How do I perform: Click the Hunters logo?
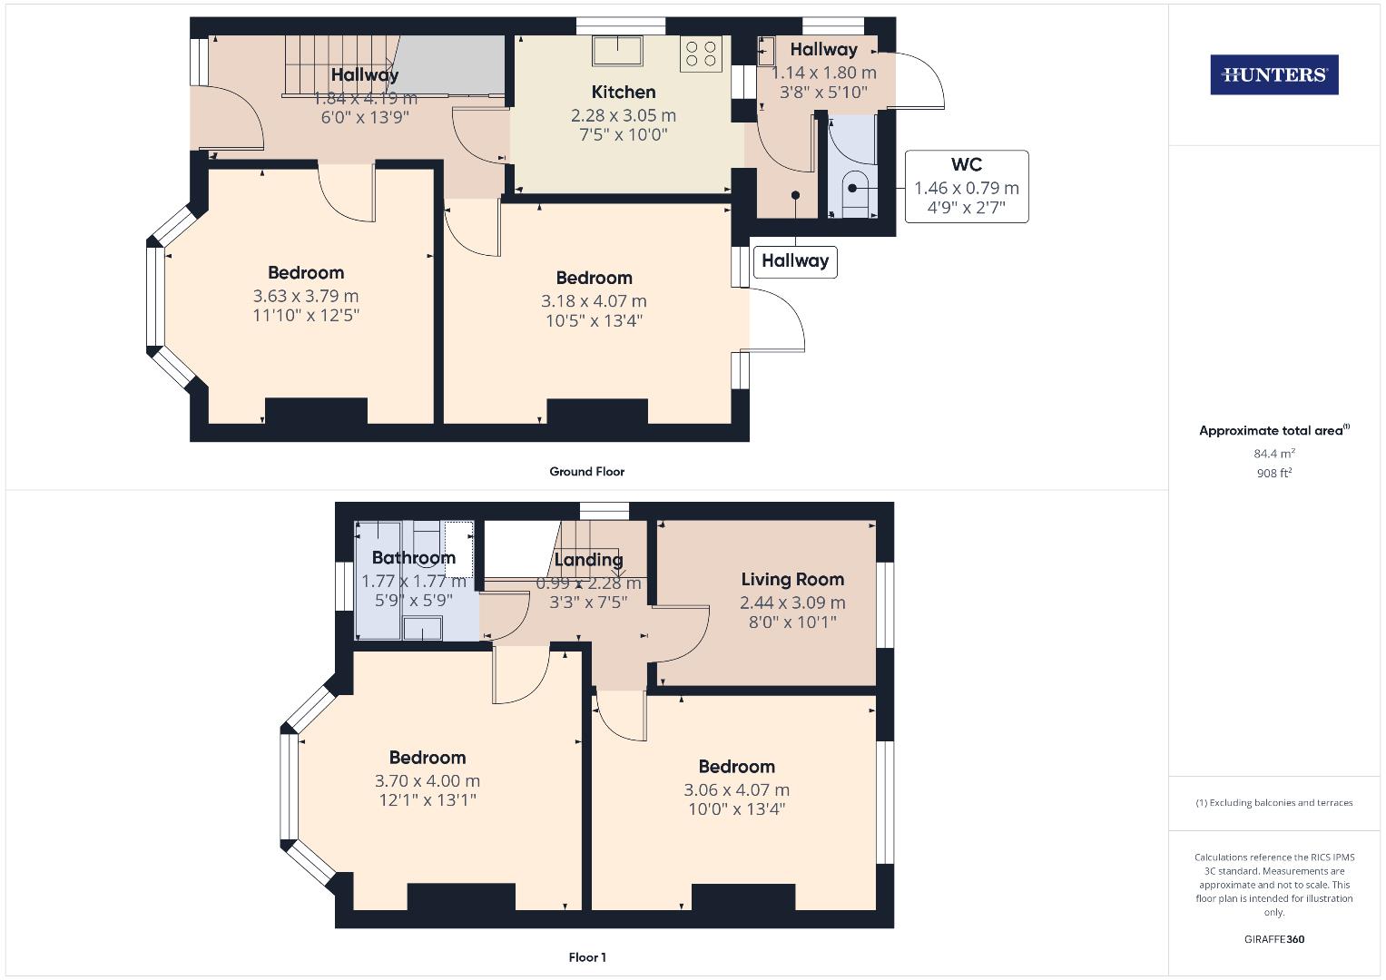1273,75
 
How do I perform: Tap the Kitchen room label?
624,93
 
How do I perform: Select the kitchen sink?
617,50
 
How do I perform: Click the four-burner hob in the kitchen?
700,54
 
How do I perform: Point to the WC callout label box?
966,187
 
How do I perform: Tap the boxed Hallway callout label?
795,261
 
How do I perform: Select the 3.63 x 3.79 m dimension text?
306,296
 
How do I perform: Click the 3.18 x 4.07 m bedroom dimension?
594,301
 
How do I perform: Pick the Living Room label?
792,580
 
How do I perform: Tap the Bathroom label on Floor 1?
413,558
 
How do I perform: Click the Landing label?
588,560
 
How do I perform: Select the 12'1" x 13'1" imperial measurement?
428,800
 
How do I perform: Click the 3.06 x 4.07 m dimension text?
736,790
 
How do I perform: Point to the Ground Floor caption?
586,472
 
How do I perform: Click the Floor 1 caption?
587,957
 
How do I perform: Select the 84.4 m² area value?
1273,454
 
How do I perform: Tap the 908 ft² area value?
1273,473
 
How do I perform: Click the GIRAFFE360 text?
1273,939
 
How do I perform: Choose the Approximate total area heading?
1273,431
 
